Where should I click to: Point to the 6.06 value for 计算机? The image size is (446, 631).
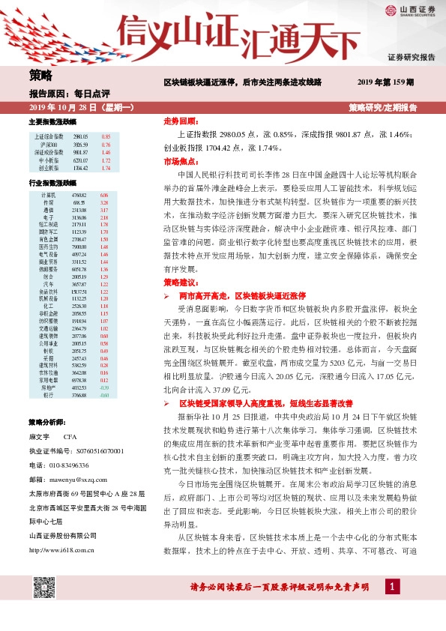tap(104, 195)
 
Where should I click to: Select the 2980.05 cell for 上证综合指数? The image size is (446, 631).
tap(81, 136)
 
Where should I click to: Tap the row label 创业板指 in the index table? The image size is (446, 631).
tap(48, 168)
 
